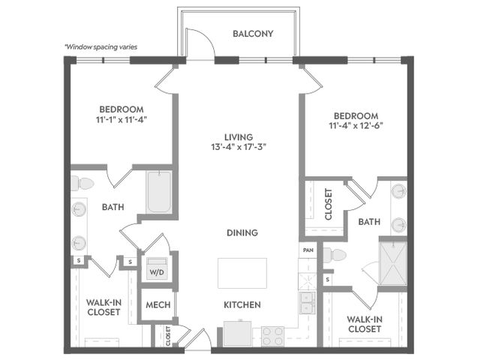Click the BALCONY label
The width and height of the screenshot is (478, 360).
point(253,34)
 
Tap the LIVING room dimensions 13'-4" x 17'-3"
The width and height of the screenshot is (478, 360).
point(239,148)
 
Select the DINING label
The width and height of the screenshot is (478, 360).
point(242,232)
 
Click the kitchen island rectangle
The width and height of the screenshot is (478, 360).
point(242,273)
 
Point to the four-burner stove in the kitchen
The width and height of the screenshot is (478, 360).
point(272,336)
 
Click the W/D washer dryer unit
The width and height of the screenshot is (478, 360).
point(157,268)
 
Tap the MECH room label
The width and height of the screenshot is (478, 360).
point(158,304)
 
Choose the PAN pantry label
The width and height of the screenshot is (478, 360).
point(308,250)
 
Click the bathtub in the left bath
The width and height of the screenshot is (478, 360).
point(159,192)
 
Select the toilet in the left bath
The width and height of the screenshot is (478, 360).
point(83,183)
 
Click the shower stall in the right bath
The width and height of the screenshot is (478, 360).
point(393,263)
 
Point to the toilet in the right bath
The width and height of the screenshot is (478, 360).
point(335,256)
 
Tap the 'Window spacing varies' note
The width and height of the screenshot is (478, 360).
point(101,47)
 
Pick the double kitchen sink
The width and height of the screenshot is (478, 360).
point(308,303)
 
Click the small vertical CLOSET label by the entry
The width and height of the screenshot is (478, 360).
point(168,336)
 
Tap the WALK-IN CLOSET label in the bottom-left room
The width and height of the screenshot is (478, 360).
point(104,307)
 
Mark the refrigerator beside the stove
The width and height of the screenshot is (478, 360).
point(237,333)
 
